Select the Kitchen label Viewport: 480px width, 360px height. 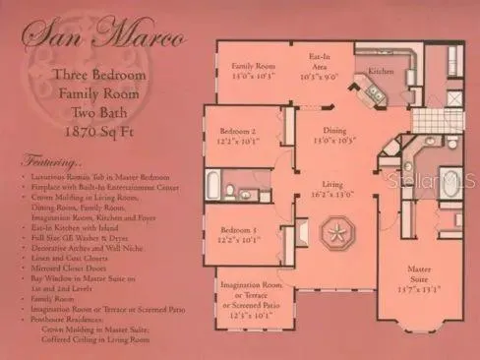click(x=383, y=71)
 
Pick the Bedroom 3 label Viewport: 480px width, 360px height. click(x=238, y=233)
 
